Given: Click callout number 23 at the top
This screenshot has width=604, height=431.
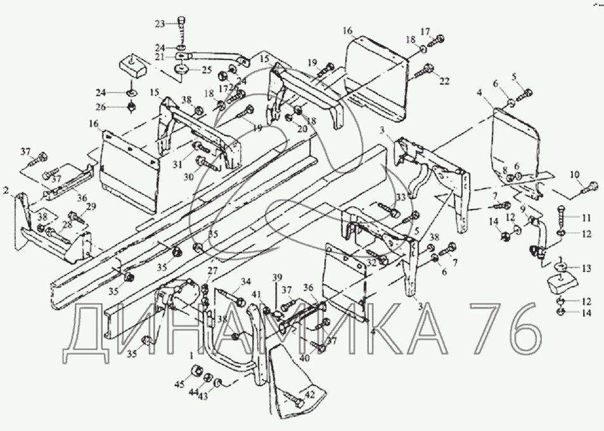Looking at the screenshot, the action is click(160, 23).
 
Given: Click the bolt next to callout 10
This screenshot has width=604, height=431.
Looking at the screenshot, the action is click(589, 187).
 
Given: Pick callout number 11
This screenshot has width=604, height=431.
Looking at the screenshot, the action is click(586, 218).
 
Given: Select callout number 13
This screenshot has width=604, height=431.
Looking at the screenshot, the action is click(586, 269).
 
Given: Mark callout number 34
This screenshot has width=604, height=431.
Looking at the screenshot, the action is click(245, 282).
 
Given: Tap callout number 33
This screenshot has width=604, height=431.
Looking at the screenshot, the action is click(401, 198).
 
